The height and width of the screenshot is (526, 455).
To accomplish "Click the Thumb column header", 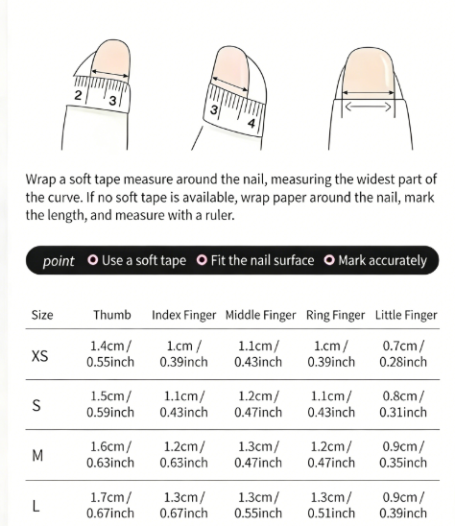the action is (111, 315).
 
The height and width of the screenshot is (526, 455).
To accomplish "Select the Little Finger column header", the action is (406, 315).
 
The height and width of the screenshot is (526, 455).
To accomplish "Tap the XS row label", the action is (40, 356).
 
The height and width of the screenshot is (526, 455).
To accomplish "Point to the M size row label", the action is (37, 456).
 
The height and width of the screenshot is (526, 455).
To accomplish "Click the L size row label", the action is (36, 506).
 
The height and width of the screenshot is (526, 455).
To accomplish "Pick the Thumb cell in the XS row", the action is (110, 354).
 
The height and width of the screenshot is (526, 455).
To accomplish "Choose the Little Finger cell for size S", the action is (403, 404).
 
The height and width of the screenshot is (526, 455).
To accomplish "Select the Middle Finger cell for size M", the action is (258, 455).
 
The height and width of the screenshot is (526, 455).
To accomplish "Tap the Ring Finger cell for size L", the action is (331, 505).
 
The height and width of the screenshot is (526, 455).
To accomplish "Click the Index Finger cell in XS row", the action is (183, 354).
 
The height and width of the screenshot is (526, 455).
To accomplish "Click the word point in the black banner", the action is (59, 261).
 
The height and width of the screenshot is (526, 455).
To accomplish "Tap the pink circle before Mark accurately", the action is (329, 260).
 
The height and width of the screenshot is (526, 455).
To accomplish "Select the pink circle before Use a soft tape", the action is (93, 260).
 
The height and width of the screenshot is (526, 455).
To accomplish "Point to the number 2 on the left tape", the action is (78, 95).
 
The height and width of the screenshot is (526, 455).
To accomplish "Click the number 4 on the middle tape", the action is (251, 123).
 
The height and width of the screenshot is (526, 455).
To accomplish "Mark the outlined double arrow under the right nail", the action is (368, 108).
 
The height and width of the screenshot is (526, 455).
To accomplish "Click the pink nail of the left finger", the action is (110, 58).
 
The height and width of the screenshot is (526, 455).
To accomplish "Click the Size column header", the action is (42, 315).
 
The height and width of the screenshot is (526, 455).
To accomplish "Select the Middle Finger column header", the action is (261, 315).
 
